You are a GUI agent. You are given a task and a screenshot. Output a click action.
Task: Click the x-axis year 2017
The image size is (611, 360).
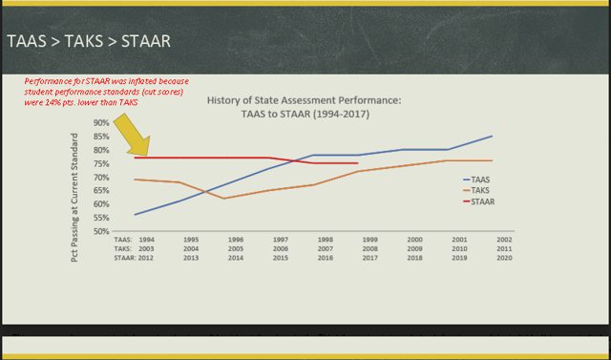(370, 257)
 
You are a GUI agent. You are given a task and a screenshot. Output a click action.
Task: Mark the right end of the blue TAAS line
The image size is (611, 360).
(493, 136)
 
